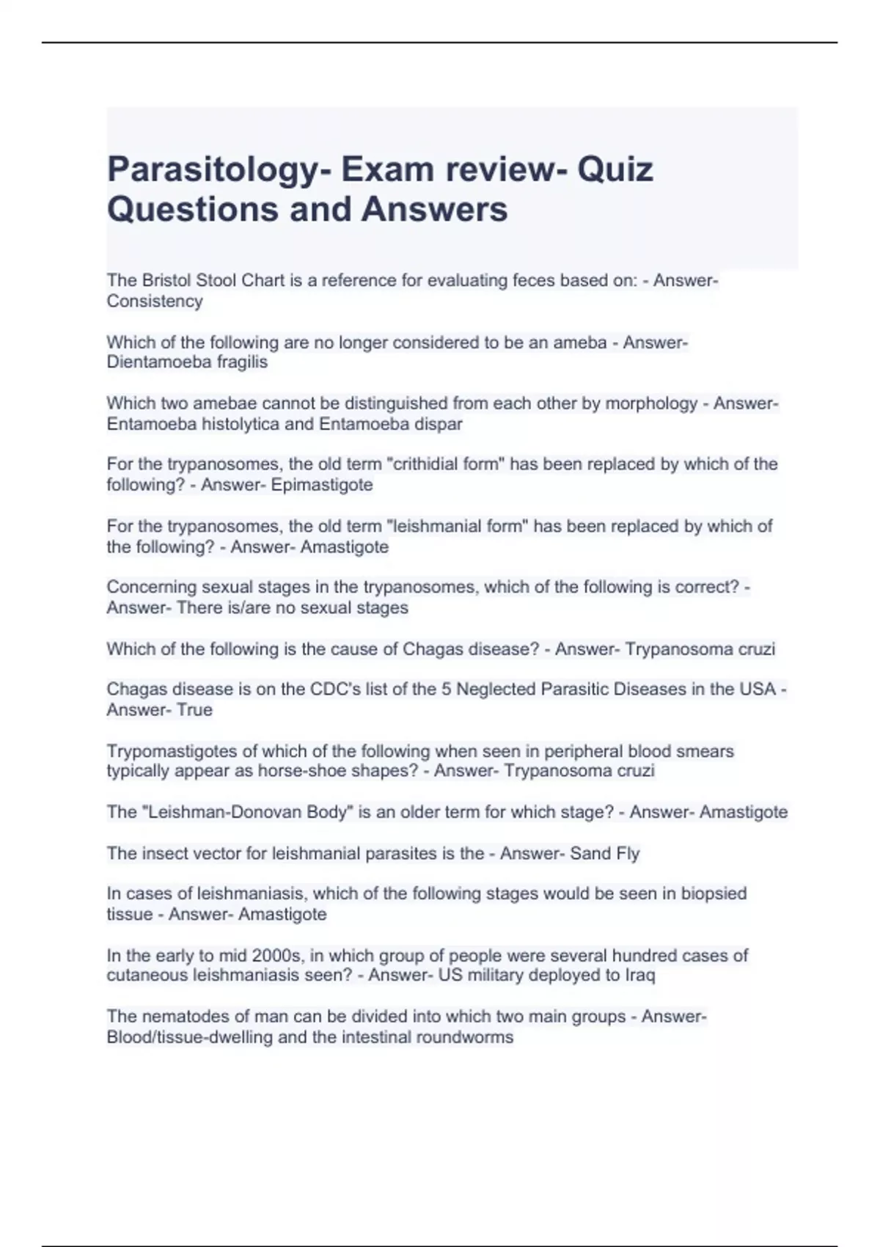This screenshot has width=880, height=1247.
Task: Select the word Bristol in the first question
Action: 166,280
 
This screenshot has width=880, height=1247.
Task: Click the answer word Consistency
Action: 155,301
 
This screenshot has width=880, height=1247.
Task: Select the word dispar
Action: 439,424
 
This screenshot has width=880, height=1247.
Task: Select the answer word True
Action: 194,710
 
